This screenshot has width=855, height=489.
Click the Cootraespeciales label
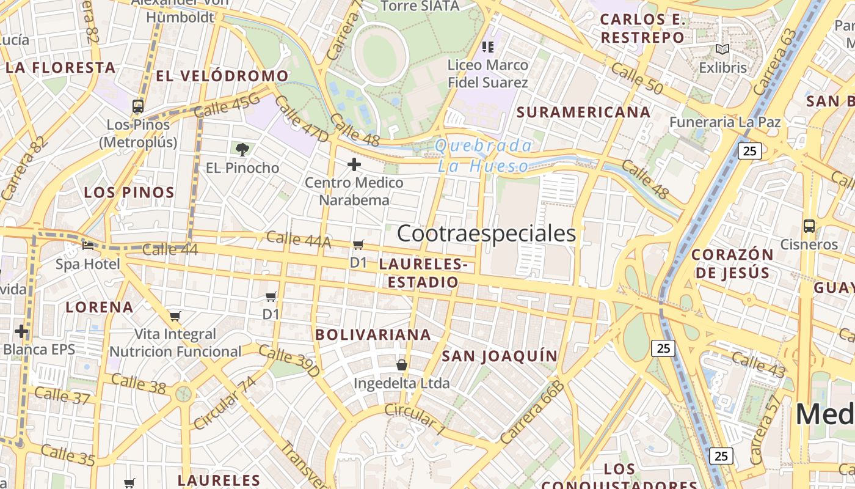[487, 233]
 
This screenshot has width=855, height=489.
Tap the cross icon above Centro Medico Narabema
[354, 164]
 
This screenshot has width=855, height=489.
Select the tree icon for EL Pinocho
[242, 149]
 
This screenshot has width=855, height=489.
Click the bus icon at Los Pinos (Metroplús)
[138, 106]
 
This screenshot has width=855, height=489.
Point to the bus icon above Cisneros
[809, 226]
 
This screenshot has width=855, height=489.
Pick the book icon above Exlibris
[722, 49]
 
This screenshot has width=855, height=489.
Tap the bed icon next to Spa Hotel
[88, 246]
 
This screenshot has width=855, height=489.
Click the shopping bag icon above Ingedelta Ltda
[401, 365]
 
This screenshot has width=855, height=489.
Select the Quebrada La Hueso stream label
[483, 155]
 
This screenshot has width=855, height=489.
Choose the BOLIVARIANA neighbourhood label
[373, 335]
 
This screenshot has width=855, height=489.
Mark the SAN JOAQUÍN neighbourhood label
[500, 356]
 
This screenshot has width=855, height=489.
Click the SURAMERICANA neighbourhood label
[583, 112]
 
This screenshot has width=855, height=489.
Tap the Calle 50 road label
[637, 78]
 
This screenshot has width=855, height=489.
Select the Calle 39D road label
[289, 361]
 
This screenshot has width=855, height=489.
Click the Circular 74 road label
[224, 403]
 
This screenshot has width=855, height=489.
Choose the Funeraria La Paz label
[725, 122]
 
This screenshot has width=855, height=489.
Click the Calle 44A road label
[299, 239]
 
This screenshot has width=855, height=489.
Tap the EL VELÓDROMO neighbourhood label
[222, 76]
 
